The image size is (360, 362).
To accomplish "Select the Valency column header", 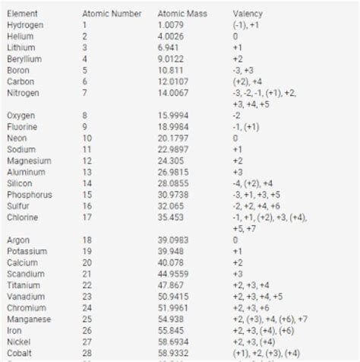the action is (248, 14).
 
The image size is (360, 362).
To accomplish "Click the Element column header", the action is (22, 14).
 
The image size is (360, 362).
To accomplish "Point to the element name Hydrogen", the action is (25, 25).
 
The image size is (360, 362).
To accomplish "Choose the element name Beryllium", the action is (24, 59).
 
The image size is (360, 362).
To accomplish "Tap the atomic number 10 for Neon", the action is (87, 138).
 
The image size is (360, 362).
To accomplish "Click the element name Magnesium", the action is (29, 161).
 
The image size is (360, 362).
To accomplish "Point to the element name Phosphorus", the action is (30, 195).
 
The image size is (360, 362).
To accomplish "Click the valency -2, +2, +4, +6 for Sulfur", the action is (257, 206).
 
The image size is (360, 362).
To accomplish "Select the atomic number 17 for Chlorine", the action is (87, 218).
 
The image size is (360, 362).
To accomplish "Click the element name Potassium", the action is (27, 251).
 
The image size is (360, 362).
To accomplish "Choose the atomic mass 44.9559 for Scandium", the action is (175, 274).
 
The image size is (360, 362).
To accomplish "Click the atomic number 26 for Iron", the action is (87, 331).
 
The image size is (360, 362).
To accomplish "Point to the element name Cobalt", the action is (20, 354).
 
